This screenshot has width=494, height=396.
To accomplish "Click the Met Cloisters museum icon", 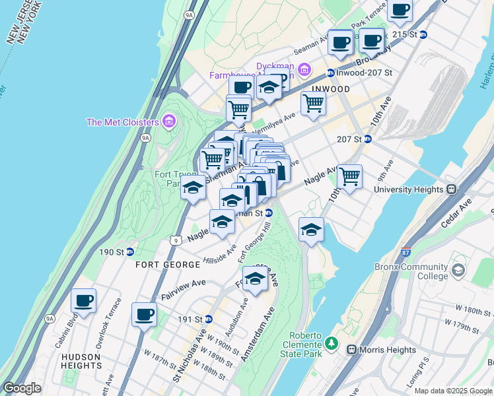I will pyautogui.click(x=169, y=121).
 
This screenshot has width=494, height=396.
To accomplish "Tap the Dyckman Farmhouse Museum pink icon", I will pyautogui.click(x=304, y=69).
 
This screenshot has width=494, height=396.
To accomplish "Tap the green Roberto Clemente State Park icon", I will pyautogui.click(x=332, y=343).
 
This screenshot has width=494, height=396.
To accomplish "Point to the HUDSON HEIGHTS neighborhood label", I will pyautogui.click(x=81, y=362).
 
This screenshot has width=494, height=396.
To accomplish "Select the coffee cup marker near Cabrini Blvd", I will pyautogui.click(x=84, y=301).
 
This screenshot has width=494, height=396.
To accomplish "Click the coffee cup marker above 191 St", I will pyautogui.click(x=144, y=314).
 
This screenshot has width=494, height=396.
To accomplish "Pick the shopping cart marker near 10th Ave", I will pyautogui.click(x=349, y=177).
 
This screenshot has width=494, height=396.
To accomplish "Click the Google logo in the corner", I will pyautogui.click(x=22, y=388).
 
